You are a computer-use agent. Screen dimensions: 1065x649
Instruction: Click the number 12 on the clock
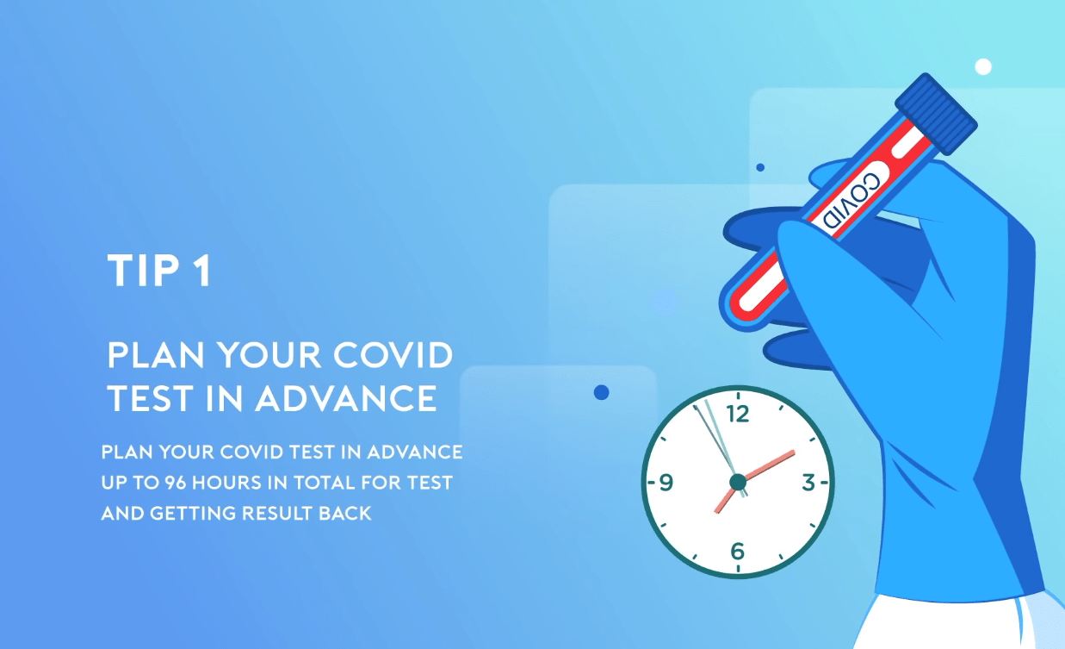point(738,414)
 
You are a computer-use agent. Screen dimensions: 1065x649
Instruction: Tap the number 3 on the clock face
point(808,483)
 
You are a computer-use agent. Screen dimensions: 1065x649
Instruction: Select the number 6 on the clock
point(738,551)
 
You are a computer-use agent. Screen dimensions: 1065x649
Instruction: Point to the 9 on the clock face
point(666,483)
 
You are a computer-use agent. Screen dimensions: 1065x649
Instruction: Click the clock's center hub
point(738,482)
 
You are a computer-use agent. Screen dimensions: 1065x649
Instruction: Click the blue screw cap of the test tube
point(936,114)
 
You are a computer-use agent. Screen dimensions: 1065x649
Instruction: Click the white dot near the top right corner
point(983,66)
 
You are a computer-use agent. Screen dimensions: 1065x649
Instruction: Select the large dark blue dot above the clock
point(602,392)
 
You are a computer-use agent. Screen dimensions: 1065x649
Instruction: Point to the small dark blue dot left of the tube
point(760,167)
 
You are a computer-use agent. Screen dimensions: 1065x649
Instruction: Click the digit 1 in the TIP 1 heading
point(203,271)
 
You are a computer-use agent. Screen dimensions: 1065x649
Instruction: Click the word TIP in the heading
point(143,271)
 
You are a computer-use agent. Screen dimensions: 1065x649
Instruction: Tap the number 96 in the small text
point(175,483)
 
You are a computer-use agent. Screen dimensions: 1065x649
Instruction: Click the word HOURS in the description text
point(226,483)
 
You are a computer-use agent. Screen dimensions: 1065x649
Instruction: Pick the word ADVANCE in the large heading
point(346,398)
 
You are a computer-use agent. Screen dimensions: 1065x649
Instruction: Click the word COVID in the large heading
point(393,355)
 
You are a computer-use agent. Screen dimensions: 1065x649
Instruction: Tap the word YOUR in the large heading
point(269,355)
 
